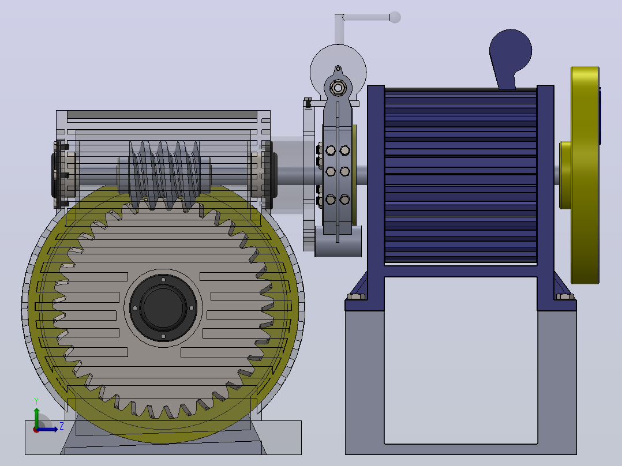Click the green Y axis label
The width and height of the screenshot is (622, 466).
pos(36,401)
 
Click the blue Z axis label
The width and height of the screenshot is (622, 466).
pos(62,426)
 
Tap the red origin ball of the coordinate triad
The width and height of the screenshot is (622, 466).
pos(36,430)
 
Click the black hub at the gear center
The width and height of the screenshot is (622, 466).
pos(163,308)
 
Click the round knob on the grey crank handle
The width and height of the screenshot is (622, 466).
pos(395,17)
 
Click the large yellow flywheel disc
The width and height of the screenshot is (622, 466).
pos(585,175)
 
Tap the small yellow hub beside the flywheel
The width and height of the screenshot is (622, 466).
pos(565,175)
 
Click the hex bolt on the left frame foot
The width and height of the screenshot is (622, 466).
pos(356,296)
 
